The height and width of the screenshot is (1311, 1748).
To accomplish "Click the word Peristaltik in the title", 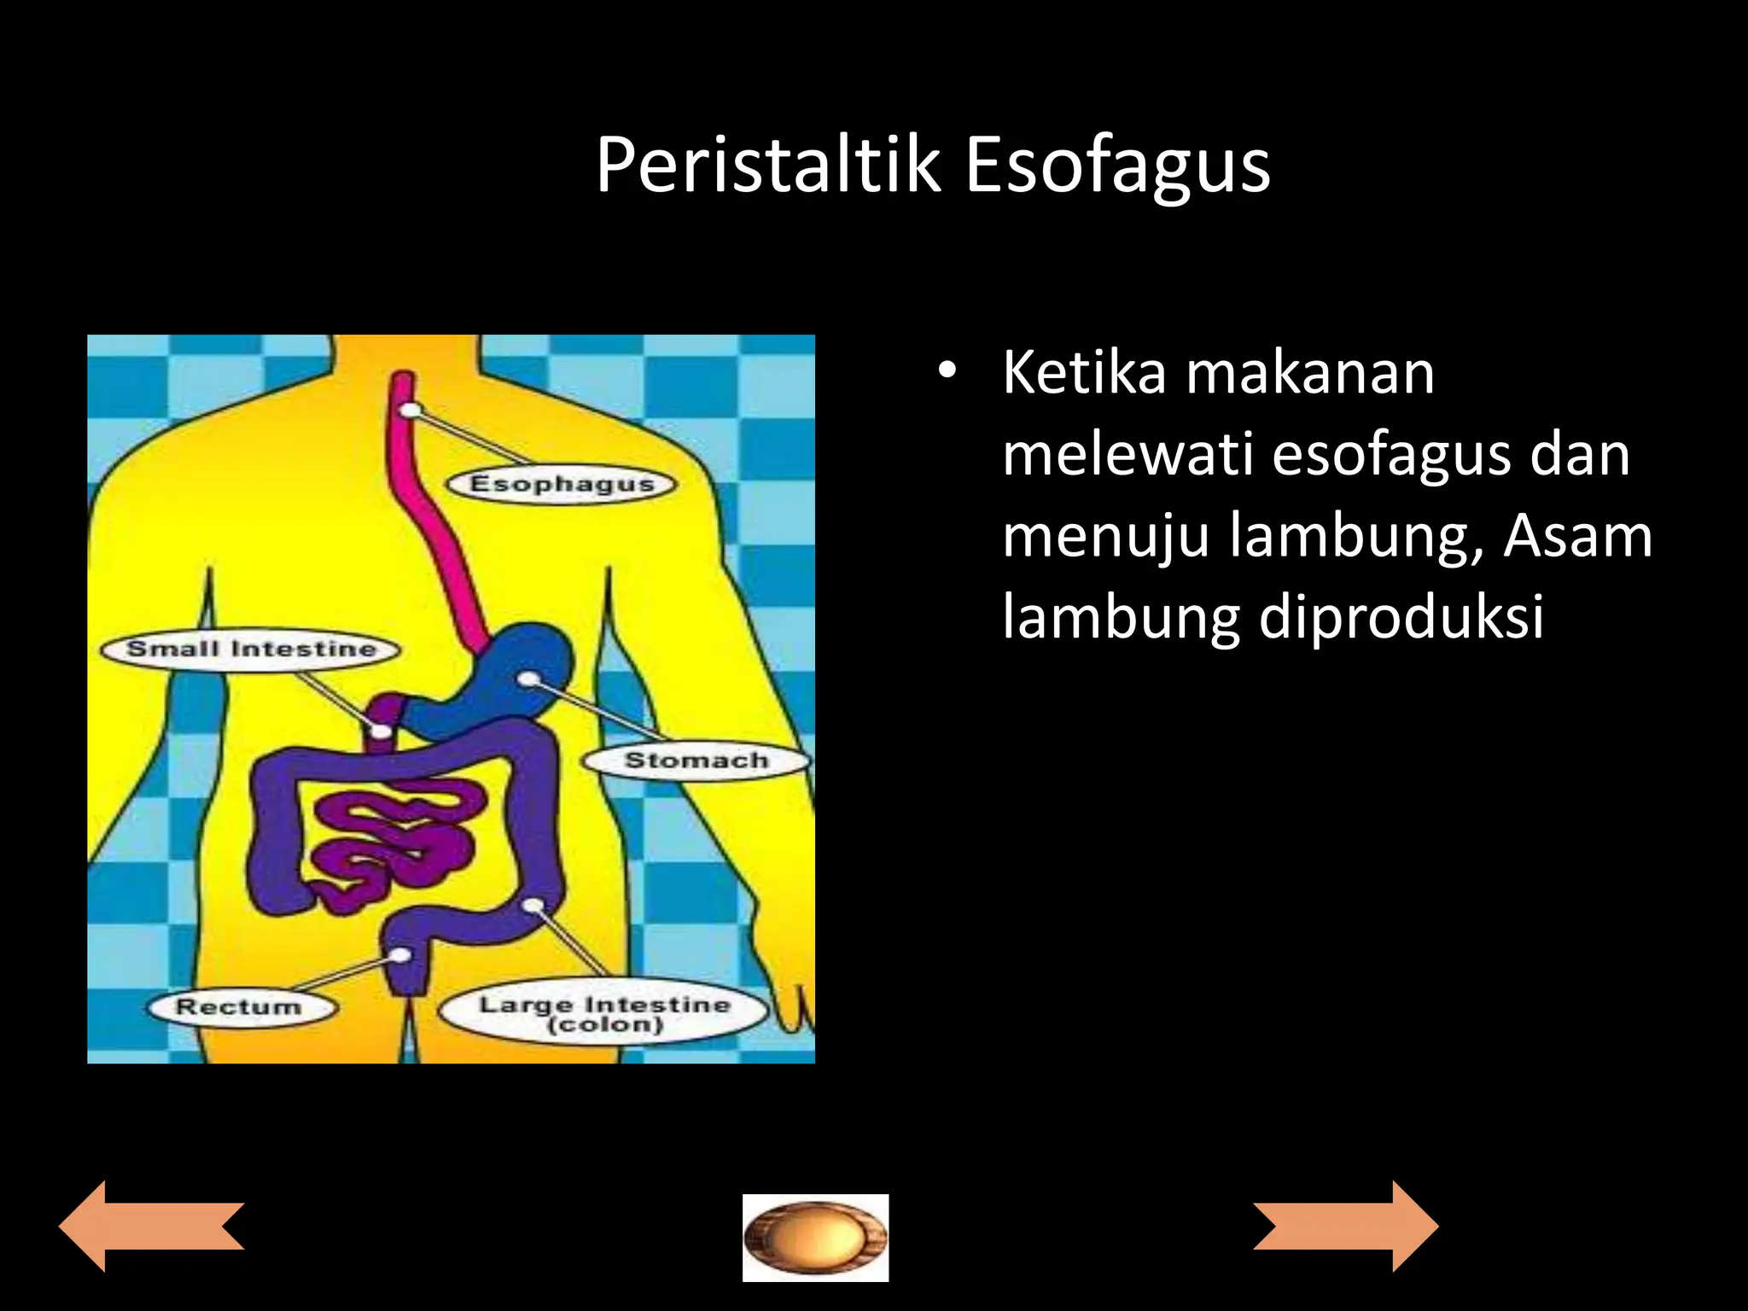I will coord(768,166).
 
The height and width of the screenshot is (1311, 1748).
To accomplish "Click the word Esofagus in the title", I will coord(1117,166).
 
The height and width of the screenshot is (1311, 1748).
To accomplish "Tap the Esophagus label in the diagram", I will coord(562,484).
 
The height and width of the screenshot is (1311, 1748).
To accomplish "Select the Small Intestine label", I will coord(251,649).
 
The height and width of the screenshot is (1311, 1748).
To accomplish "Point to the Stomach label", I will coord(696,760).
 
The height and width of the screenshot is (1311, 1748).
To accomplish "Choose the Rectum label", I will coord(239,1006).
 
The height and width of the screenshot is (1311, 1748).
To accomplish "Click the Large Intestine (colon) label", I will coord(604,1014).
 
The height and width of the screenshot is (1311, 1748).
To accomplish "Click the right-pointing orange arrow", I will coord(1346,1227).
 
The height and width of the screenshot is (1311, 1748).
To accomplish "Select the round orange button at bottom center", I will coord(815,1238).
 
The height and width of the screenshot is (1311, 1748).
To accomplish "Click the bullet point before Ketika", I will coord(946,372).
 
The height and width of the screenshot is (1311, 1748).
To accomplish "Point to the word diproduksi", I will coord(1401,616).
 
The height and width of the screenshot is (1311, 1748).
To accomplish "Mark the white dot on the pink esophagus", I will coord(411,410).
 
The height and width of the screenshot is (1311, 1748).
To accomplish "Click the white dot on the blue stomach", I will coord(529,679).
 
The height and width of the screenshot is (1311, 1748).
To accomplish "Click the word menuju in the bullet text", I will coord(1105,536).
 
